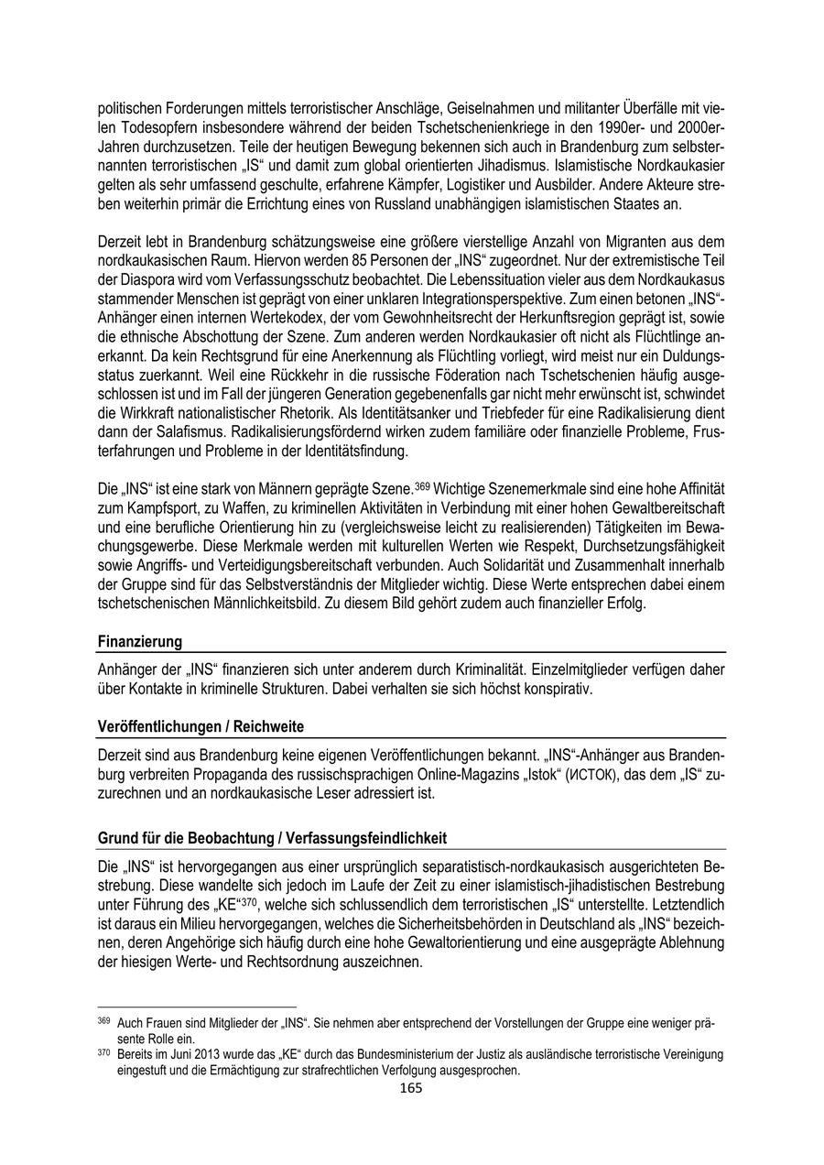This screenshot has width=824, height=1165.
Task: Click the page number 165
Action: click(x=411, y=1088)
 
